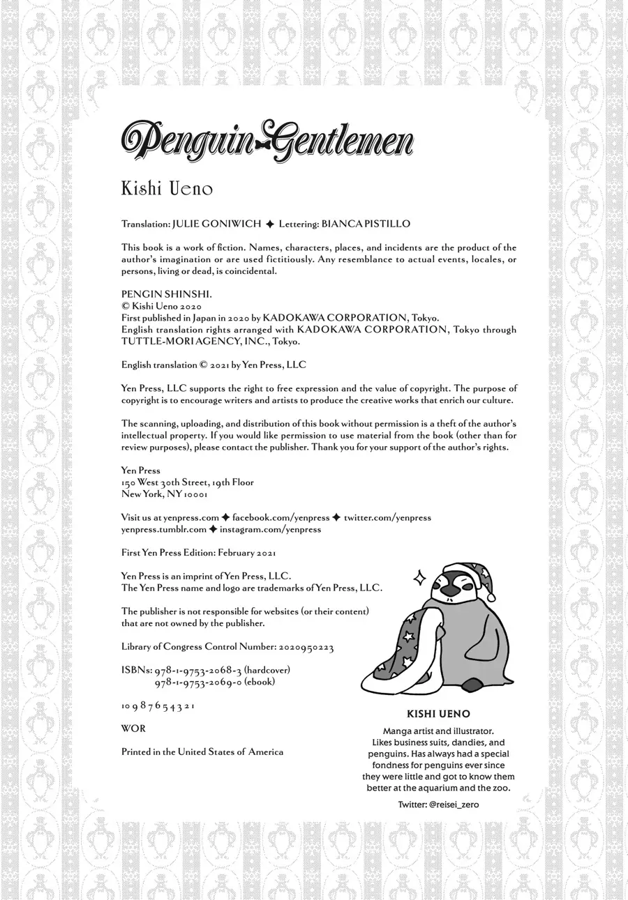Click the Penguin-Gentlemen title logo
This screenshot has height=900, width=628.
(267, 142)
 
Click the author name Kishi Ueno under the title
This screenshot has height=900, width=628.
(167, 189)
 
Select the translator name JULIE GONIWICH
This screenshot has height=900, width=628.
(217, 224)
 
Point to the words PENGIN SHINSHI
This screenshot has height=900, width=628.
(163, 295)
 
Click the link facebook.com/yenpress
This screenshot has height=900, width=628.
(281, 518)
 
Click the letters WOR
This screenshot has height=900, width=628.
(133, 729)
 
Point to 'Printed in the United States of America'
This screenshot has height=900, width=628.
(202, 752)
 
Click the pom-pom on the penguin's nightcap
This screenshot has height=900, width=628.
(491, 597)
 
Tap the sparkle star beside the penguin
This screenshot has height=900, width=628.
(419, 577)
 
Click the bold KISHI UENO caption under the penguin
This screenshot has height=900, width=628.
(438, 714)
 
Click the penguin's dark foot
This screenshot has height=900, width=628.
(472, 685)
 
